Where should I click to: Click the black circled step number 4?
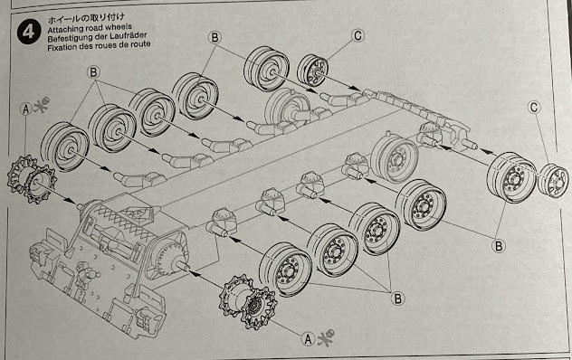click(x=29, y=32)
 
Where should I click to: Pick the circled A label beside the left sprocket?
click(x=26, y=109)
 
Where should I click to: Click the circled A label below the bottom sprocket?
click(x=309, y=339)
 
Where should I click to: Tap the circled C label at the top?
click(x=357, y=36)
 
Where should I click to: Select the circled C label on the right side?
click(x=534, y=108)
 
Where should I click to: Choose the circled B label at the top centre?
click(x=214, y=37)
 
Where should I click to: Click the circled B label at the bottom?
click(x=397, y=299)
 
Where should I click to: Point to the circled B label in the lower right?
click(x=499, y=246)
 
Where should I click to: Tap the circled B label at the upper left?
click(x=93, y=72)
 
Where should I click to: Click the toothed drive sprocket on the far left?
click(x=32, y=179)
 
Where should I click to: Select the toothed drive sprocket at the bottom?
click(x=248, y=302)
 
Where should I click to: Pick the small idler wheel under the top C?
click(x=312, y=71)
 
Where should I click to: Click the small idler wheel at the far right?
click(x=553, y=181)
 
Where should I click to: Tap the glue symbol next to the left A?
click(x=42, y=105)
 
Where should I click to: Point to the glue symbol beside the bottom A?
click(x=326, y=337)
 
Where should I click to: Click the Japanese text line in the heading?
click(x=86, y=18)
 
